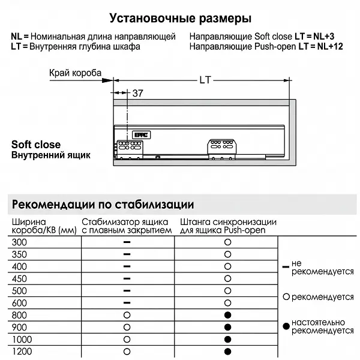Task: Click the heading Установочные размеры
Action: (x=181, y=19)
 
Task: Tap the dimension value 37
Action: (x=137, y=93)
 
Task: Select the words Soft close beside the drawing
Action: (x=36, y=145)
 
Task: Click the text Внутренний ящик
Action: (x=51, y=155)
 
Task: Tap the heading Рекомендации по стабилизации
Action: (x=103, y=203)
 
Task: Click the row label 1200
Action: (x=22, y=352)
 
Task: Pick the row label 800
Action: (x=20, y=315)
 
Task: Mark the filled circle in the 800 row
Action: (x=227, y=315)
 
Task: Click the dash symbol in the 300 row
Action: (x=127, y=241)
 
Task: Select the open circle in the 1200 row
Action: (x=127, y=352)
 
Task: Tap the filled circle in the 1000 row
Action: (x=227, y=340)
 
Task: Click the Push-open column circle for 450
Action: (x=227, y=278)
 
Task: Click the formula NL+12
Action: (x=329, y=46)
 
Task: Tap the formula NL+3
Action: (x=327, y=37)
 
